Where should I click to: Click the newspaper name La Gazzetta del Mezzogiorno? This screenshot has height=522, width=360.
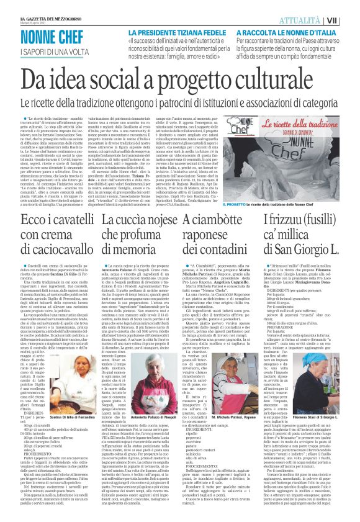click(x=47, y=4)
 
